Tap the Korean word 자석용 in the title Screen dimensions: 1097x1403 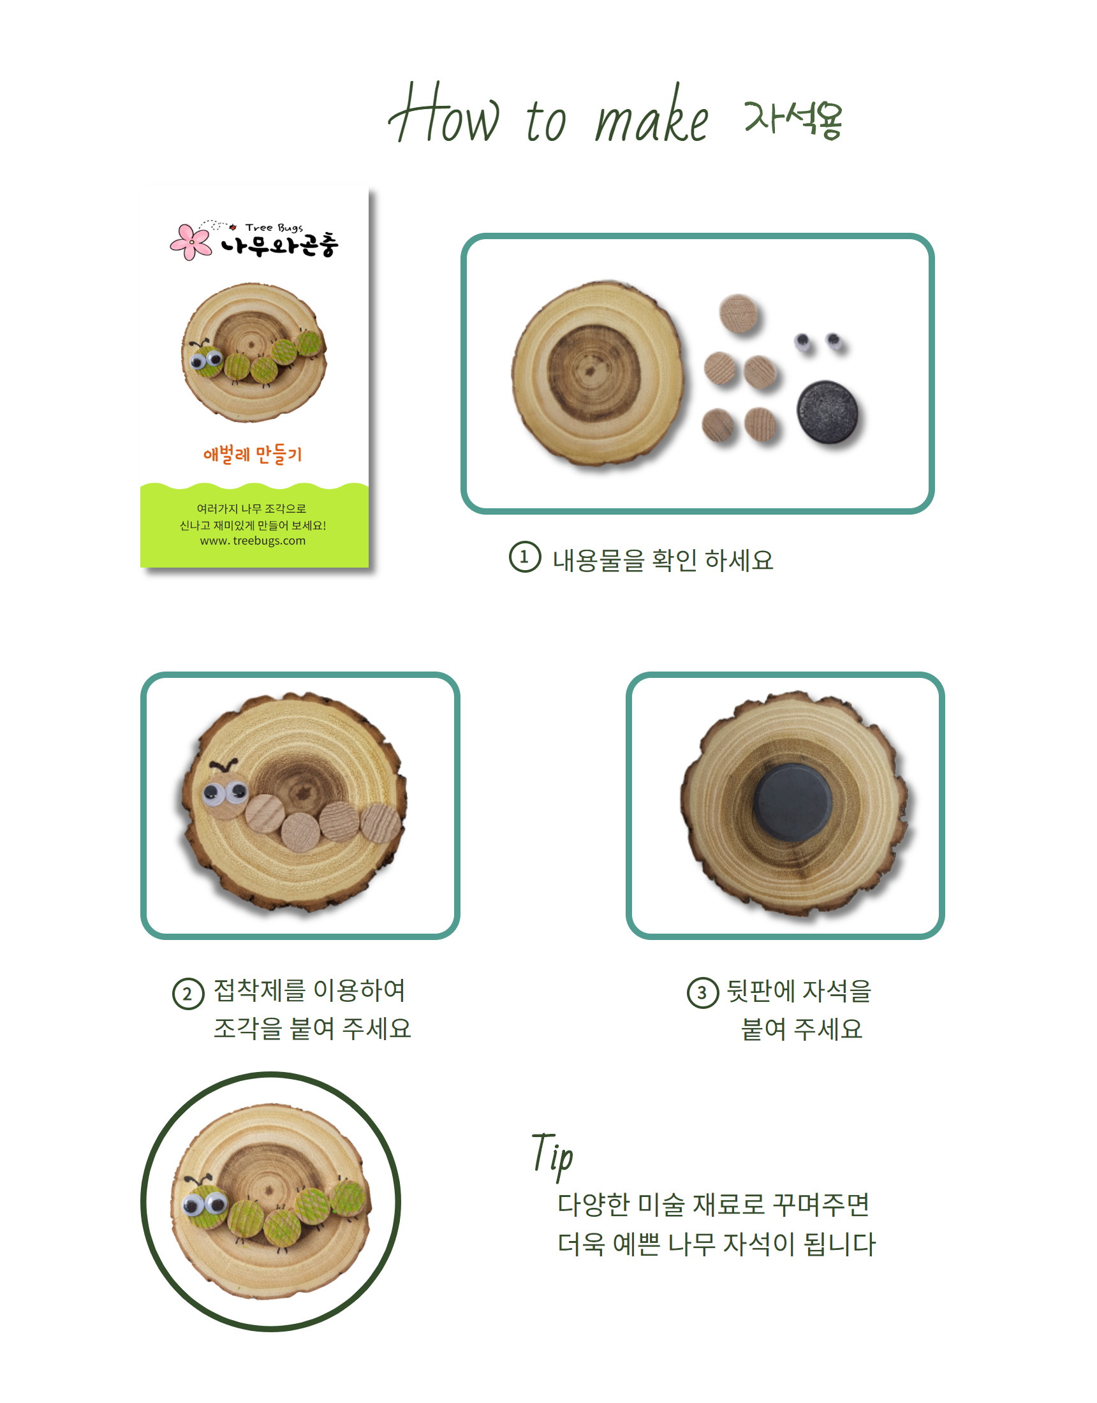tap(793, 119)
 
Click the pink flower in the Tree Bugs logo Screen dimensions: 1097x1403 tap(191, 242)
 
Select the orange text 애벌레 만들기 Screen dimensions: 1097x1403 tap(253, 455)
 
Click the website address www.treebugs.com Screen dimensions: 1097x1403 tap(253, 541)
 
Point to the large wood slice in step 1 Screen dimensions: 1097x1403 tap(598, 373)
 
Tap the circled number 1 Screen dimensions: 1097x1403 tap(524, 557)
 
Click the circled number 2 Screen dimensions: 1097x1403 tap(188, 994)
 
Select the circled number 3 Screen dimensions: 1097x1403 tap(702, 992)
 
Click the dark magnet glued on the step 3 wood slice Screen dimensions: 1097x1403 tap(792, 802)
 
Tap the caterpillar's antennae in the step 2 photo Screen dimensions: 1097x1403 tap(224, 765)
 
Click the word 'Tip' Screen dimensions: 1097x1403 tap(552, 1156)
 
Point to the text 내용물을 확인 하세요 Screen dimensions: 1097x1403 tap(663, 560)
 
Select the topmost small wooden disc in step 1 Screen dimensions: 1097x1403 tap(739, 314)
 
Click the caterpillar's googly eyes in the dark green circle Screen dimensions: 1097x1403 tap(205, 1203)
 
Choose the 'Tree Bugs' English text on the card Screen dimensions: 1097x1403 tap(274, 228)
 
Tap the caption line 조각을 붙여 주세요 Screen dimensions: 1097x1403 tap(313, 1029)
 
